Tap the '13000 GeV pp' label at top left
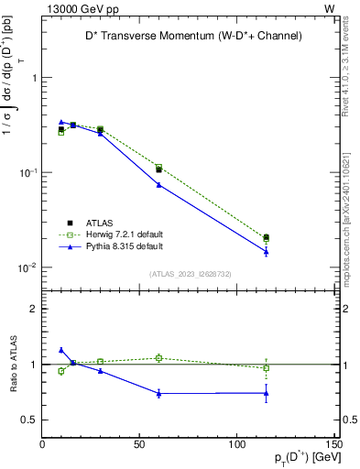[78, 8]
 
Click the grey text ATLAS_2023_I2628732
[190, 274]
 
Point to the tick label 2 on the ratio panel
[34, 309]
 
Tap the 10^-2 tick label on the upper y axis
[26, 267]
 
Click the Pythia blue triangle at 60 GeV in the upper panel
[158, 185]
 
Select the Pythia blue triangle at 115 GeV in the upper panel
[266, 252]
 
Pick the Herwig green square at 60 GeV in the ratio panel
[158, 358]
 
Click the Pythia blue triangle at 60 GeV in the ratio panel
[158, 394]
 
